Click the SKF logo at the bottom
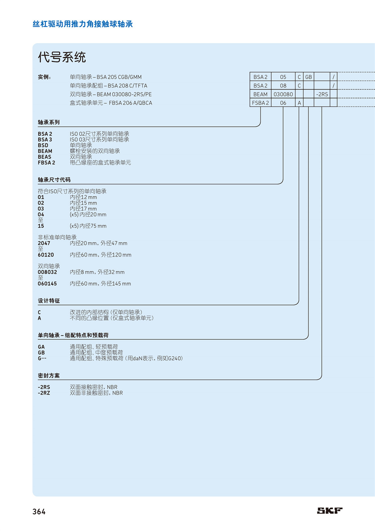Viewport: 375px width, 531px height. click(x=330, y=510)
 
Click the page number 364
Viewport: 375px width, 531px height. click(x=39, y=512)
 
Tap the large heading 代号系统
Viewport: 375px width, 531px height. click(x=62, y=57)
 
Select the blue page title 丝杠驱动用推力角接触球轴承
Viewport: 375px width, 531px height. click(x=83, y=24)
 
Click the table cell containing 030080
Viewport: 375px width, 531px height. click(x=283, y=94)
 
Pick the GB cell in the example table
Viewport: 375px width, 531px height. click(x=308, y=77)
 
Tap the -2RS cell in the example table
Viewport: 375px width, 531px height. click(x=322, y=94)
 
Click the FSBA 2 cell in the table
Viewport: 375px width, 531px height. click(x=260, y=103)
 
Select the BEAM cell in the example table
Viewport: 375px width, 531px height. click(x=260, y=94)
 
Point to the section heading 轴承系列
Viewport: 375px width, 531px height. click(x=48, y=122)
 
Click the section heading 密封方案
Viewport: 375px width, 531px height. click(x=48, y=376)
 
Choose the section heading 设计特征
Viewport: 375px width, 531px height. click(x=48, y=301)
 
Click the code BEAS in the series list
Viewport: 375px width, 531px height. click(x=44, y=157)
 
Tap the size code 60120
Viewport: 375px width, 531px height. click(x=46, y=255)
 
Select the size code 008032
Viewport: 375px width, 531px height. click(x=47, y=272)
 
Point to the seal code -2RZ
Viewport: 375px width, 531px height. click(x=44, y=393)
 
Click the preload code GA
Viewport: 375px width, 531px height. click(x=41, y=347)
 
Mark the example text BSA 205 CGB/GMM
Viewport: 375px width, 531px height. click(x=119, y=77)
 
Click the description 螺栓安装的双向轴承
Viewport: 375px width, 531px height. click(x=95, y=151)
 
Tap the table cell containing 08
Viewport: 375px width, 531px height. click(x=283, y=86)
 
